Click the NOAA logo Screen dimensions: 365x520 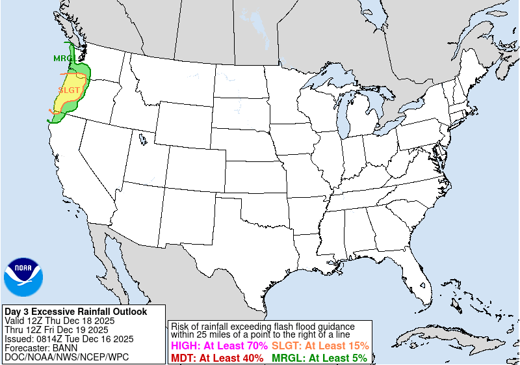pyautogui.click(x=23, y=277)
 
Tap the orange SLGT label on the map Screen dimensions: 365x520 pyautogui.click(x=69, y=90)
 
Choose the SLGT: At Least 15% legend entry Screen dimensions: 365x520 pyautogui.click(x=320, y=346)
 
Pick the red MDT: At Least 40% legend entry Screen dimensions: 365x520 pyautogui.click(x=217, y=358)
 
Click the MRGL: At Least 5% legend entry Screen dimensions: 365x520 pyautogui.click(x=318, y=358)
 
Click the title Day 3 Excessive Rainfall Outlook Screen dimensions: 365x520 pyautogui.click(x=75, y=312)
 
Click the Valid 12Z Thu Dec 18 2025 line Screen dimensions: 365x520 pyautogui.click(x=59, y=321)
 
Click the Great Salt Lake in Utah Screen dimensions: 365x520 pyautogui.click(x=142, y=138)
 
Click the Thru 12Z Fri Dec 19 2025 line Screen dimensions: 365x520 pyautogui.click(x=57, y=330)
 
